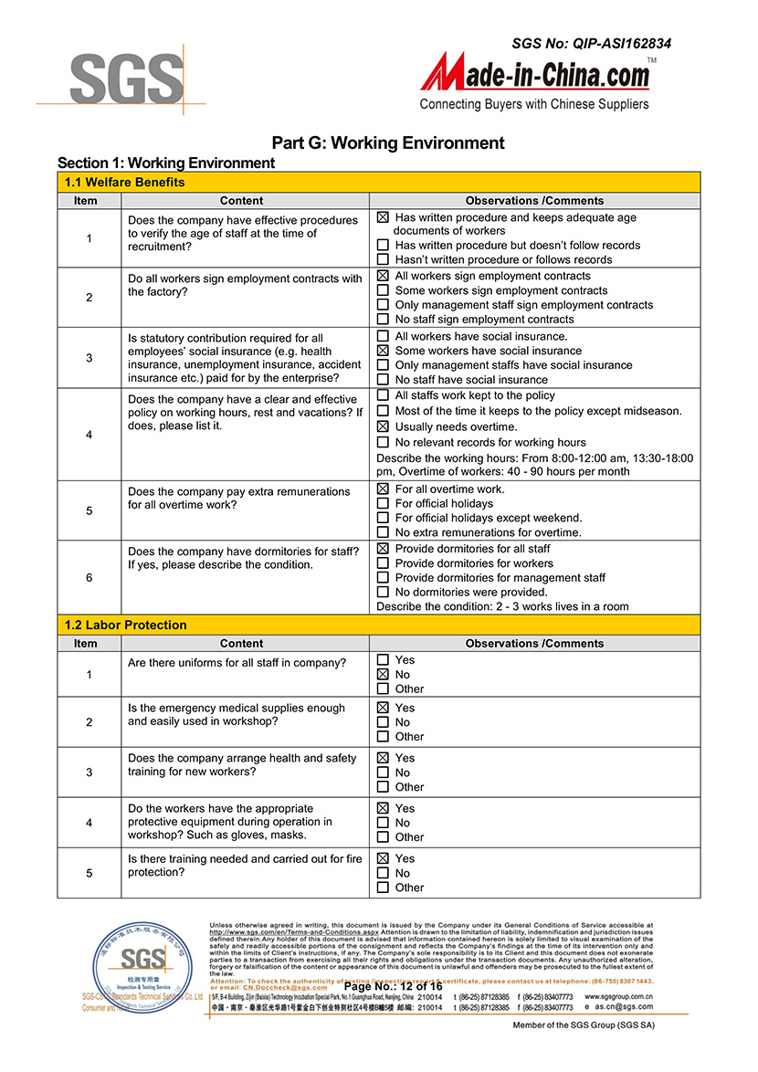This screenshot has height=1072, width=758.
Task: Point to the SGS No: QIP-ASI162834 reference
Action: click(x=591, y=43)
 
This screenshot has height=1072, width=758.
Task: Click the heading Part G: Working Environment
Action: click(x=388, y=142)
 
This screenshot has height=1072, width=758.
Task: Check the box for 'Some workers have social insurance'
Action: click(x=383, y=351)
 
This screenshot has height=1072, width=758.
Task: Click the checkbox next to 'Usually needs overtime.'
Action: click(x=383, y=426)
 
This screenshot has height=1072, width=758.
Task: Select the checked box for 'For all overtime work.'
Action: click(x=383, y=489)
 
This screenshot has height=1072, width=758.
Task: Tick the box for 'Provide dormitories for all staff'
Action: click(x=383, y=549)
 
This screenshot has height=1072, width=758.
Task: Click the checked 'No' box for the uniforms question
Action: click(x=383, y=675)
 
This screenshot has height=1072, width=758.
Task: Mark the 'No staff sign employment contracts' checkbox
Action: click(x=383, y=320)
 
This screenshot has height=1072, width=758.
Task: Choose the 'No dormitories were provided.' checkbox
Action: click(x=383, y=592)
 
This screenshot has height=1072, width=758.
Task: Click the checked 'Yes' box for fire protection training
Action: click(x=383, y=858)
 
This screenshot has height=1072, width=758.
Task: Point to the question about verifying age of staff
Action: click(x=243, y=234)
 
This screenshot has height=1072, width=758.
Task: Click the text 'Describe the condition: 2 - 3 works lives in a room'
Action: click(x=502, y=606)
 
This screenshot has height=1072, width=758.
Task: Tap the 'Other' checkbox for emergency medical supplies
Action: click(x=383, y=737)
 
